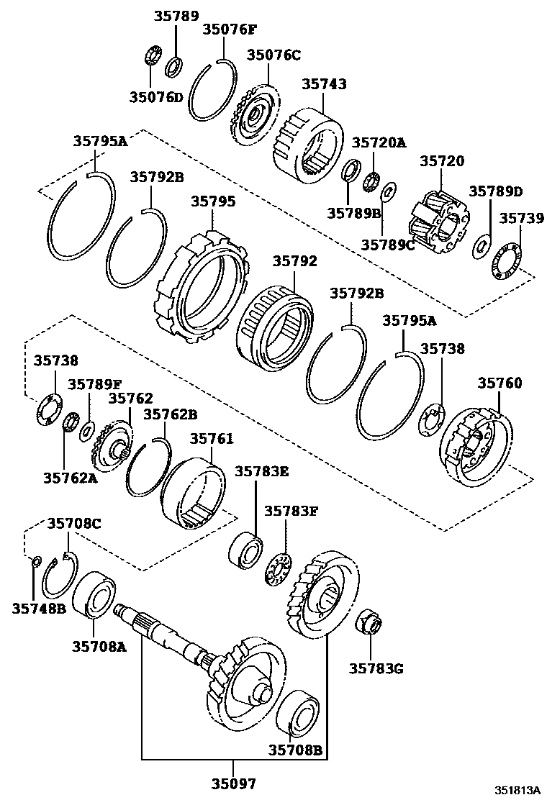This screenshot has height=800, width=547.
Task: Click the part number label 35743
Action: tap(324, 84)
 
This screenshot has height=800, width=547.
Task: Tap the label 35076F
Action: tap(229, 29)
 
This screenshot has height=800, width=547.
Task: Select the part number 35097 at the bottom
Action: tap(232, 783)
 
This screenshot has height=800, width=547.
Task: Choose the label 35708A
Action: tap(99, 646)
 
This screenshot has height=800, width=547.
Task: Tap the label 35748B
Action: tap(39, 609)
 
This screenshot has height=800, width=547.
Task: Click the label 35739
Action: tap(522, 218)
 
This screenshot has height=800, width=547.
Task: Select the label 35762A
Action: tap(70, 476)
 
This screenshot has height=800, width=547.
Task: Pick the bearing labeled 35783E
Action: tap(246, 550)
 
